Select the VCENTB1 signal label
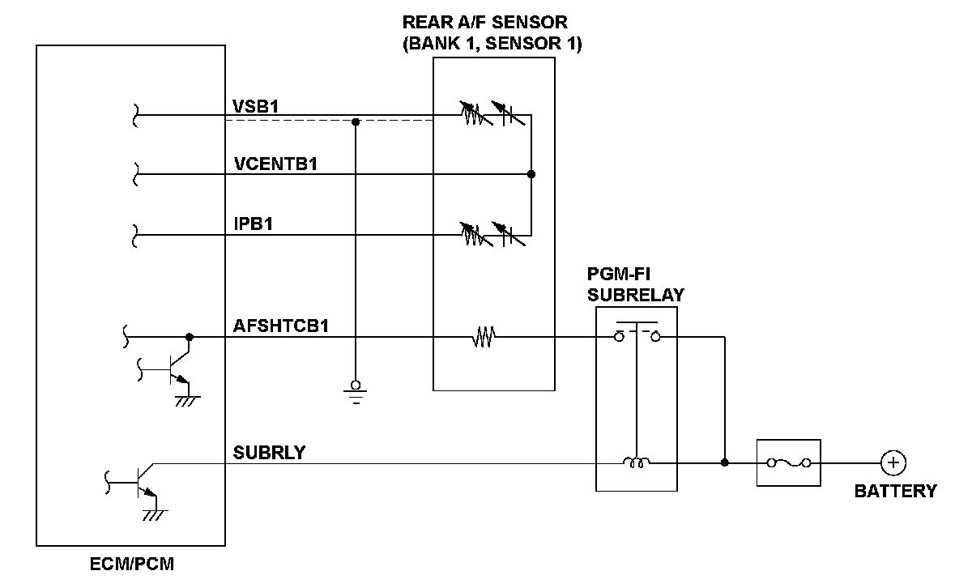(275, 164)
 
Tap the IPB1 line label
(253, 224)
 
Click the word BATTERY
(895, 491)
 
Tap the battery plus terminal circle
(893, 463)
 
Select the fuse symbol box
(788, 463)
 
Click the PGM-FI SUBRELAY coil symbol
(636, 463)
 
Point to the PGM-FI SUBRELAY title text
(635, 284)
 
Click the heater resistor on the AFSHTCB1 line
(484, 337)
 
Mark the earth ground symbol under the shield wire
(355, 391)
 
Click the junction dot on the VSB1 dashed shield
(355, 122)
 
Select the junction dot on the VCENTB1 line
(531, 174)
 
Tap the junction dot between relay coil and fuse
(724, 463)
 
